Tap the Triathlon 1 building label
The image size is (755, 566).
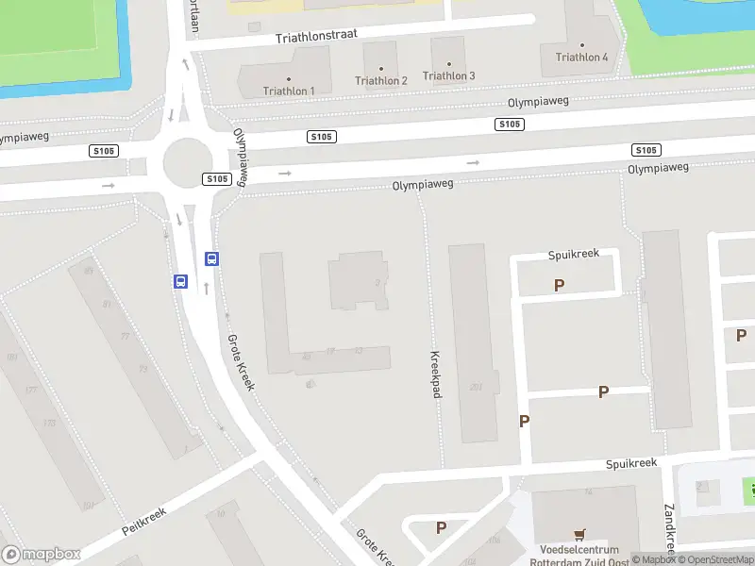point(289,91)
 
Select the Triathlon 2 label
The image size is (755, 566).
point(381,80)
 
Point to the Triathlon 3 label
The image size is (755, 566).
point(449,75)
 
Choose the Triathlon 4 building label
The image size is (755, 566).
point(581,57)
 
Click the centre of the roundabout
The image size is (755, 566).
point(186,163)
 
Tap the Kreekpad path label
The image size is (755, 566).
point(436,375)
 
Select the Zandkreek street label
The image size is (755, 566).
point(670,529)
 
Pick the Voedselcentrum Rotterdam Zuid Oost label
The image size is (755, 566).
point(579,556)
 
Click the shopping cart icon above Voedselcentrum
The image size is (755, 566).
point(579,533)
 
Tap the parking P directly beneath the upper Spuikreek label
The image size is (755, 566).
point(560,285)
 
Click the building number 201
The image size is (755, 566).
point(476,386)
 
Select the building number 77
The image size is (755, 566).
point(125,337)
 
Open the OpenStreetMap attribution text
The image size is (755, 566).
point(714,560)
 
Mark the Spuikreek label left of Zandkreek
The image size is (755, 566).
point(631,463)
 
